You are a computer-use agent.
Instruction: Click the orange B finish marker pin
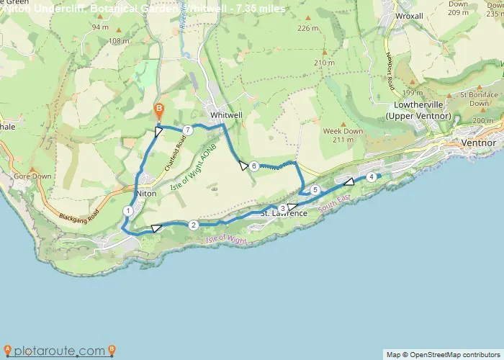[159, 111]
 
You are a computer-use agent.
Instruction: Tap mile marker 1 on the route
[127, 210]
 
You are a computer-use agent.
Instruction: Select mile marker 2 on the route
[193, 225]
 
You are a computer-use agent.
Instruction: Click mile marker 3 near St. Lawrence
[282, 208]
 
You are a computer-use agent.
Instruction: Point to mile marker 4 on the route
[371, 176]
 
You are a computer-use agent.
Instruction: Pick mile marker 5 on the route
[315, 189]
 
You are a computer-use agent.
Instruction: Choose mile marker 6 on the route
[254, 166]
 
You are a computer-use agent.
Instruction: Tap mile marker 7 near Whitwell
[187, 130]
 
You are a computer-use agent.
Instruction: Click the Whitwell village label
[224, 114]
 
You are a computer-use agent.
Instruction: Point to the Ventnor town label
[477, 143]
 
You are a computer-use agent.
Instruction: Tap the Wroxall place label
[409, 15]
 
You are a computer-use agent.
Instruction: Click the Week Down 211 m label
[343, 135]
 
